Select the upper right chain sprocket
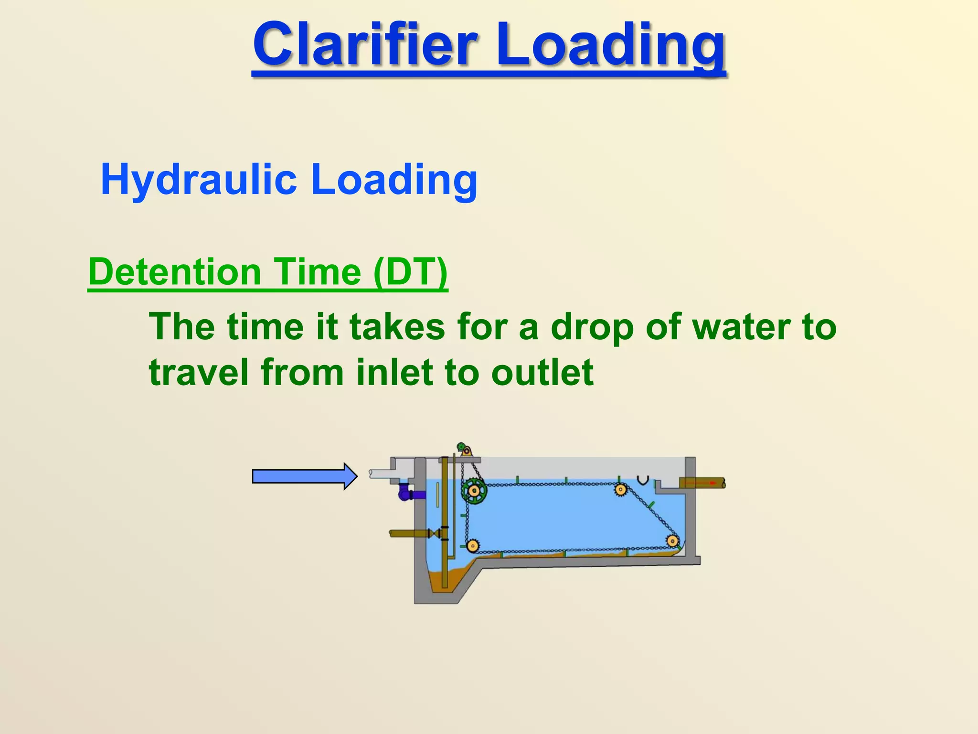coord(620,489)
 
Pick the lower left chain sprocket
coord(472,545)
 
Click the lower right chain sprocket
coord(672,541)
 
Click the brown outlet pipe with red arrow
coord(702,483)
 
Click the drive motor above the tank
coord(464,449)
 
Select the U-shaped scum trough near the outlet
coord(643,480)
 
